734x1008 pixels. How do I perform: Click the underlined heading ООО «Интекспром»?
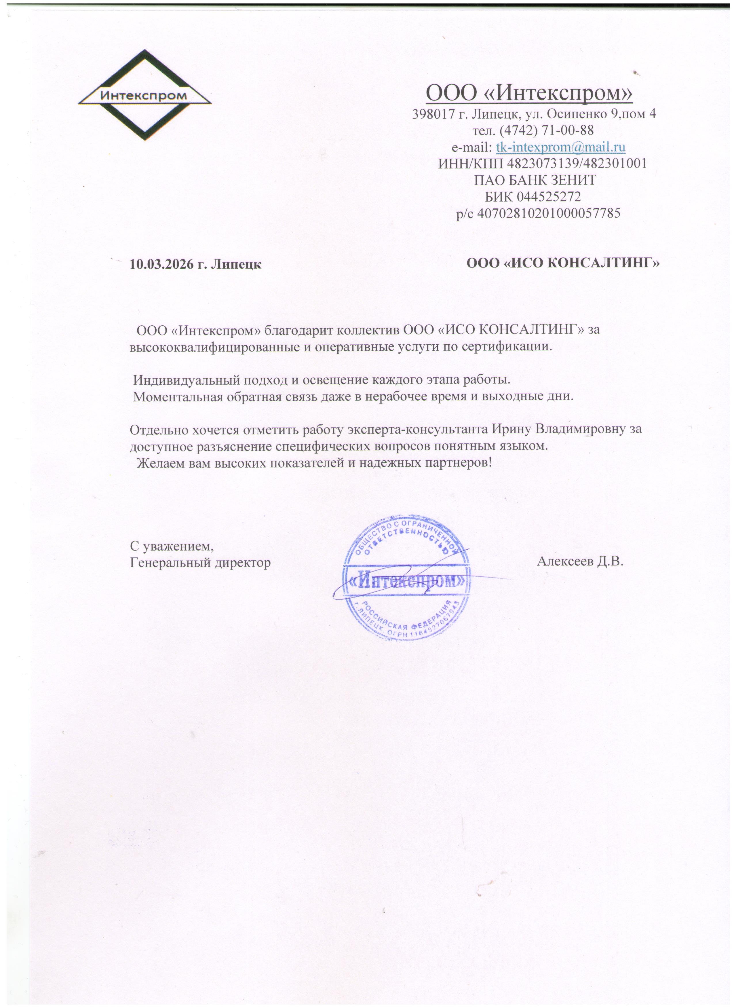(x=529, y=93)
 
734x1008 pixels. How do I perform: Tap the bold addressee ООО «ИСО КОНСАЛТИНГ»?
(x=563, y=263)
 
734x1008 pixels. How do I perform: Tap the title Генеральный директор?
(x=200, y=563)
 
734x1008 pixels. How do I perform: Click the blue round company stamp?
(x=406, y=578)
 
